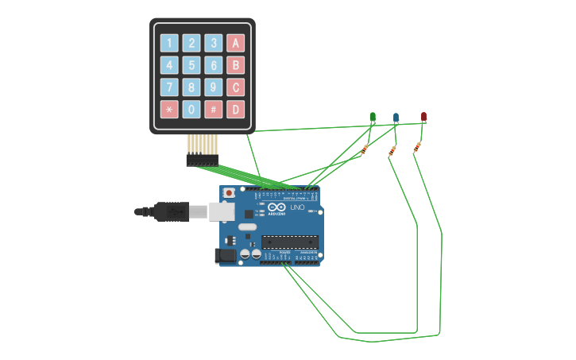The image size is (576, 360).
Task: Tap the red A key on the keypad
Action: click(x=235, y=43)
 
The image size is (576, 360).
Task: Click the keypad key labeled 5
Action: click(x=191, y=65)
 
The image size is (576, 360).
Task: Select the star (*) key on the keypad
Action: click(x=169, y=109)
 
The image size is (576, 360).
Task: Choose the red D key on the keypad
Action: click(x=235, y=109)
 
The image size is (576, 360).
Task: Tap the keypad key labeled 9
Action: click(x=213, y=87)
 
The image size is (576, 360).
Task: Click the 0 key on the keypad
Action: click(x=191, y=109)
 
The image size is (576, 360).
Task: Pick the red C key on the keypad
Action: click(x=235, y=87)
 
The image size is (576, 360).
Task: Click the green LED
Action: click(x=373, y=118)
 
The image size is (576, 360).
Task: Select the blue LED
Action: click(x=396, y=118)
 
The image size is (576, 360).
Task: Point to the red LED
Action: click(x=423, y=117)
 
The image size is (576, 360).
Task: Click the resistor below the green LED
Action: click(x=365, y=149)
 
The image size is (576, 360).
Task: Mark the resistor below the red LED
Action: click(x=417, y=147)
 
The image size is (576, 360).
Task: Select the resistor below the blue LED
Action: click(x=392, y=151)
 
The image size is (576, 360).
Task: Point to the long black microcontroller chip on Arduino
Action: click(x=290, y=242)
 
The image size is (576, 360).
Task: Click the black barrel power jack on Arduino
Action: click(x=226, y=255)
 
